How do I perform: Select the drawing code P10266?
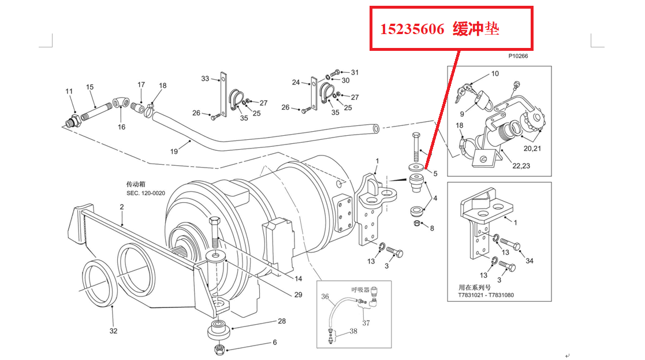click(518, 57)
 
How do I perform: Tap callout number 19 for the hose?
click(174, 151)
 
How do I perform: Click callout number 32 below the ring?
click(113, 331)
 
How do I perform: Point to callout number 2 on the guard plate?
click(122, 206)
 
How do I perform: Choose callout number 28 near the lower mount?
click(282, 321)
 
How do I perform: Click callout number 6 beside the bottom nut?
click(274, 342)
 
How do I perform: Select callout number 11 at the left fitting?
click(69, 91)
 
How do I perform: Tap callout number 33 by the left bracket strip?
click(205, 78)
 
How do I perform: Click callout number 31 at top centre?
click(355, 72)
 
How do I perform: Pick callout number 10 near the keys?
click(495, 73)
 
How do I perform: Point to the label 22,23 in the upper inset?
click(521, 166)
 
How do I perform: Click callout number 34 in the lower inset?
click(530, 261)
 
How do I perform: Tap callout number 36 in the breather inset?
click(325, 296)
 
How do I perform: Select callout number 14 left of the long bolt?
click(298, 279)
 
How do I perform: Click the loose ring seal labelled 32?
click(99, 284)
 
